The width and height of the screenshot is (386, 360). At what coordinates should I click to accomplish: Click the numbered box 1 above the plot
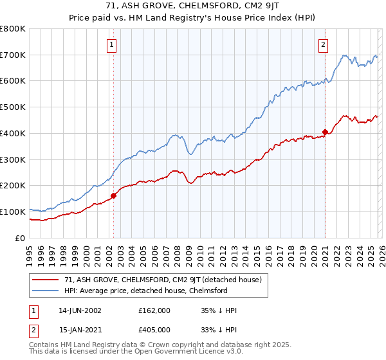click(x=112, y=44)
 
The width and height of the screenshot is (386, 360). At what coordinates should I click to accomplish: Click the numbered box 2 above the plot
click(x=323, y=44)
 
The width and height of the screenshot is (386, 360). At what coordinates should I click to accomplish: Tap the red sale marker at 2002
click(x=113, y=195)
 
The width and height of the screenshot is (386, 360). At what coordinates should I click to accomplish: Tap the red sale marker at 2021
click(x=325, y=132)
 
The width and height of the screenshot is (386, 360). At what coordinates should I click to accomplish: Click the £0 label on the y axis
click(x=19, y=238)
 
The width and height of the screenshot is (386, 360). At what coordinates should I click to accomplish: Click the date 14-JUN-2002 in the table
click(x=80, y=310)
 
